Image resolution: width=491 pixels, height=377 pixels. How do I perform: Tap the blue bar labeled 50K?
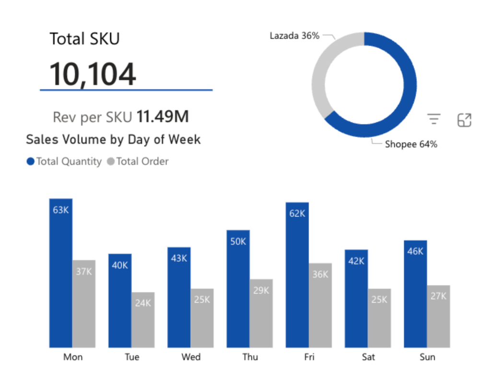click(x=238, y=288)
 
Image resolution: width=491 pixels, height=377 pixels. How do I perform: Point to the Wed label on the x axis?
click(x=191, y=357)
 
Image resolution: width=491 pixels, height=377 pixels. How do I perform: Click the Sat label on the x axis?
click(x=368, y=357)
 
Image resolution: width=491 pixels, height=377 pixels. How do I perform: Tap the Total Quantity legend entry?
click(x=64, y=162)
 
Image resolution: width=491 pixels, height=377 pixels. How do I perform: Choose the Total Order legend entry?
click(x=138, y=162)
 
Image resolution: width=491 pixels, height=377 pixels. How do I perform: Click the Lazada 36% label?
click(x=294, y=36)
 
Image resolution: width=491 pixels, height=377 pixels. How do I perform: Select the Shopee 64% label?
click(x=411, y=144)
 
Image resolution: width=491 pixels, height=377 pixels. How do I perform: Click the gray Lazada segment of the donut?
click(x=319, y=77)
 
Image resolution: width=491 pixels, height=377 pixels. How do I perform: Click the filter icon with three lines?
click(x=434, y=119)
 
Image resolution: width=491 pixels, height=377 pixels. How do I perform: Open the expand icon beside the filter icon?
click(x=465, y=120)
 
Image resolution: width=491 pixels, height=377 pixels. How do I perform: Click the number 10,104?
click(x=93, y=74)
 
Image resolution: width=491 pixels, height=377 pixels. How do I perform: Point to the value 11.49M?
click(x=163, y=117)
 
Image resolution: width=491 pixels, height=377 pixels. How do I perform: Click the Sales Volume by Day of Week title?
click(x=113, y=140)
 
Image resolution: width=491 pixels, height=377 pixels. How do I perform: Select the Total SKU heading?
click(x=84, y=39)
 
